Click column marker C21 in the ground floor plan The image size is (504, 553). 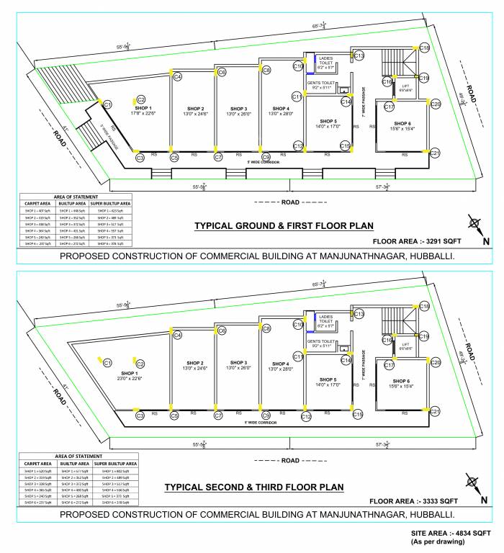(435, 153)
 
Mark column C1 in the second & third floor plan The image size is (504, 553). (107, 362)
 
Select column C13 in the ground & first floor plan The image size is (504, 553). (359, 55)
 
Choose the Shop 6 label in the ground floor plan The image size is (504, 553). (402, 123)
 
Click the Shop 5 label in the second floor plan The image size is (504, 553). (328, 379)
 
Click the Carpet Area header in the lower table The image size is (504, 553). (37, 462)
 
